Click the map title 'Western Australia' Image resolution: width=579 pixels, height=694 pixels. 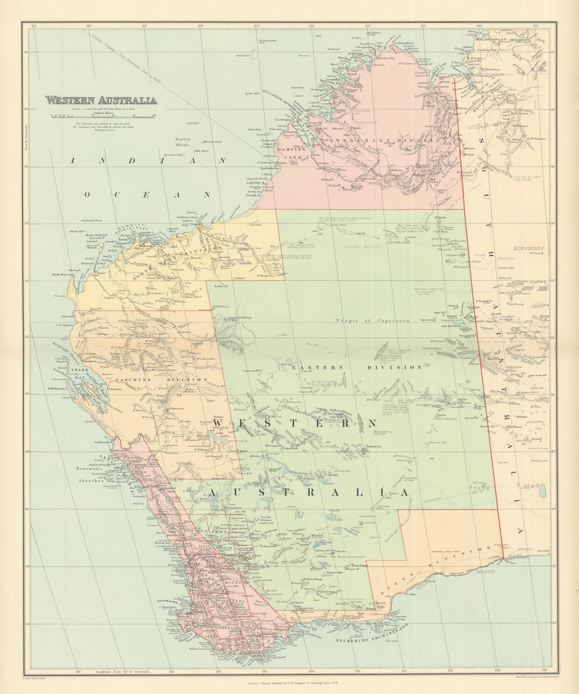(x=101, y=100)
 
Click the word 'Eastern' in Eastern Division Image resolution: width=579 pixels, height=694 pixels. (x=325, y=367)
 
